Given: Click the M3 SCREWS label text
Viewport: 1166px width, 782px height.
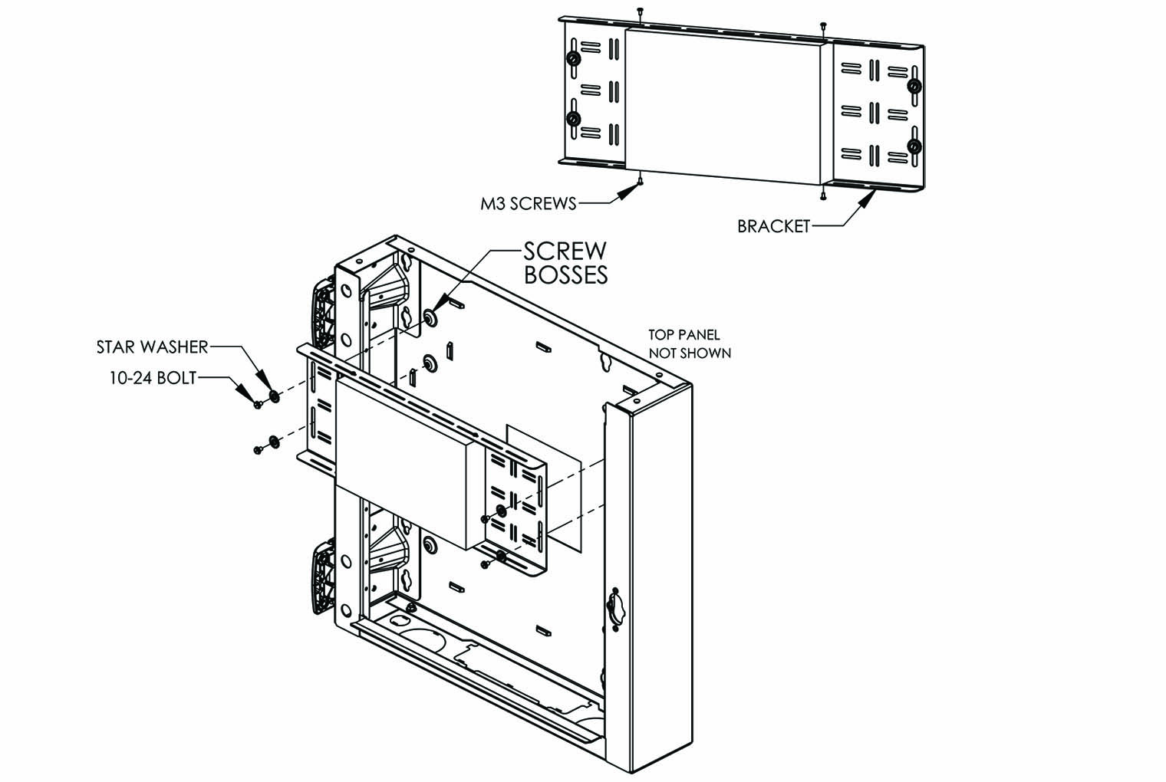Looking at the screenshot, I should (x=528, y=203).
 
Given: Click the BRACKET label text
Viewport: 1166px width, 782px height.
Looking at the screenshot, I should (x=773, y=226).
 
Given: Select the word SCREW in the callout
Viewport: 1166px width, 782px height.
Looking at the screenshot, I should (x=565, y=251).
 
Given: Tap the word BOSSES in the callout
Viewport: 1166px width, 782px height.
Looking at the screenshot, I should (x=566, y=274).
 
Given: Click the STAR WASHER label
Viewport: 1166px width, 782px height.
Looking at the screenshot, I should (x=152, y=347).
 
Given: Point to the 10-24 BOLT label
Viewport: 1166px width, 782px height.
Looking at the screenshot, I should (x=151, y=377).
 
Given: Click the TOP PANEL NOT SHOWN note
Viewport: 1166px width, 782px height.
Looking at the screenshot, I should (x=690, y=344).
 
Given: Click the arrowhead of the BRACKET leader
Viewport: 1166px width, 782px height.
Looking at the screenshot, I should (x=868, y=199).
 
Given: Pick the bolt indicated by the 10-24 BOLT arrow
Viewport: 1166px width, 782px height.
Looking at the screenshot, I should (x=258, y=404).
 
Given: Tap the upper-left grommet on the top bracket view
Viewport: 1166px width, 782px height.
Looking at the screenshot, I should (x=572, y=60).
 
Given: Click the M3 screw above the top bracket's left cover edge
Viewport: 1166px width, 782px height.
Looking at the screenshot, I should (x=639, y=11).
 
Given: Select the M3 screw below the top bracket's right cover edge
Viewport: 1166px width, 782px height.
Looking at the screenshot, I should (x=822, y=197).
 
